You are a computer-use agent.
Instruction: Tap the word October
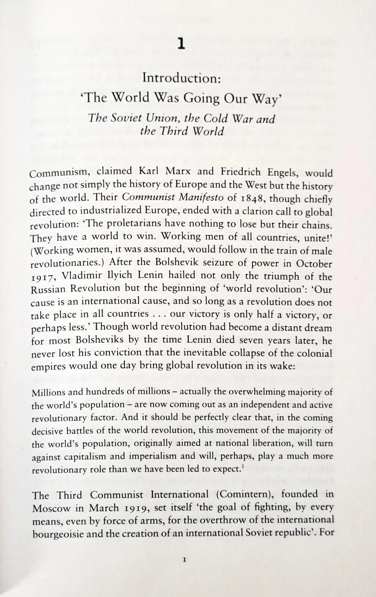(314, 264)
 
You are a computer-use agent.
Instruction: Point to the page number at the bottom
(184, 560)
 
